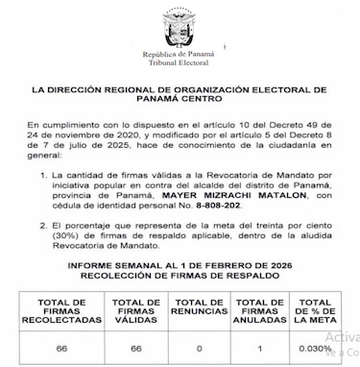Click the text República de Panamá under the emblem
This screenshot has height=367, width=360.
click(179, 55)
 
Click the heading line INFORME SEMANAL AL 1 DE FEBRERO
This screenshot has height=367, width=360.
click(179, 267)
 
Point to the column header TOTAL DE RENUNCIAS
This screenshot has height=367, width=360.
click(199, 306)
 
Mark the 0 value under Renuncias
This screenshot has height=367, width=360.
click(199, 349)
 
